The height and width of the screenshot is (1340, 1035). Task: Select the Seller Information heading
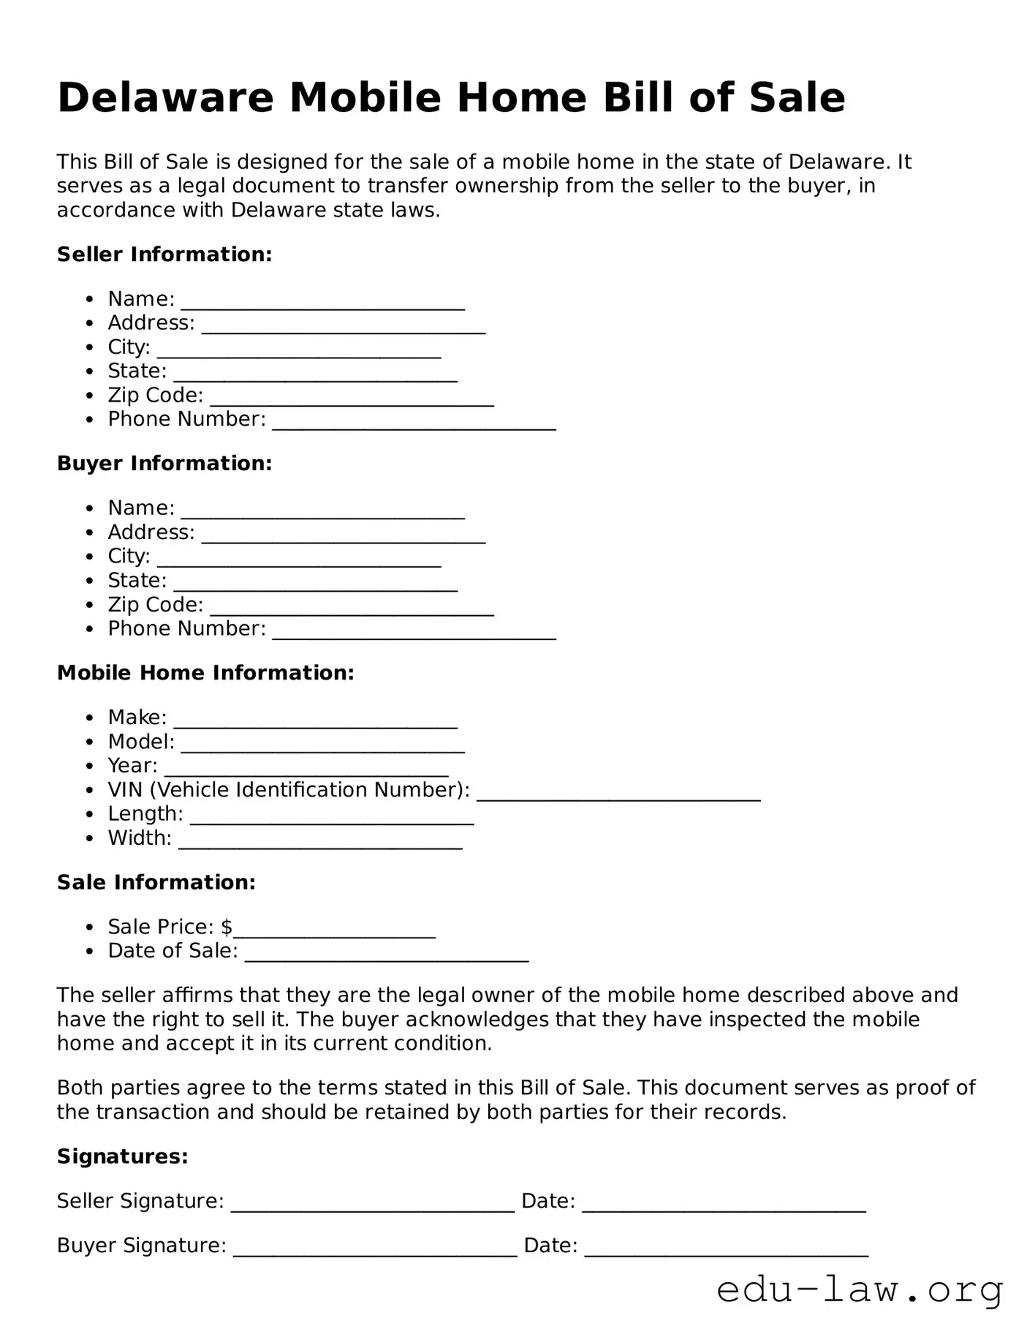pos(164,255)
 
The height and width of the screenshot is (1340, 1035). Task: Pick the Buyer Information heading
pos(164,464)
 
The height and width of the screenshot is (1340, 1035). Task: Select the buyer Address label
pos(151,532)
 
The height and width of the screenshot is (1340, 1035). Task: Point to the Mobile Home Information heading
pos(205,673)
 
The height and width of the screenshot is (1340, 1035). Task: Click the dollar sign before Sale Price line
pos(227,927)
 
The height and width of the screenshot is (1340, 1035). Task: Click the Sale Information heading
pos(156,883)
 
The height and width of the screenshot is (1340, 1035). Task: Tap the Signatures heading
pos(123,1156)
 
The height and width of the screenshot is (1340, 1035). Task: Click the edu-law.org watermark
pos(860,1290)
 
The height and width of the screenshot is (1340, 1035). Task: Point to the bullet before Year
pos(89,767)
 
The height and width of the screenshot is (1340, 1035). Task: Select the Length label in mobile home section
pos(145,814)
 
